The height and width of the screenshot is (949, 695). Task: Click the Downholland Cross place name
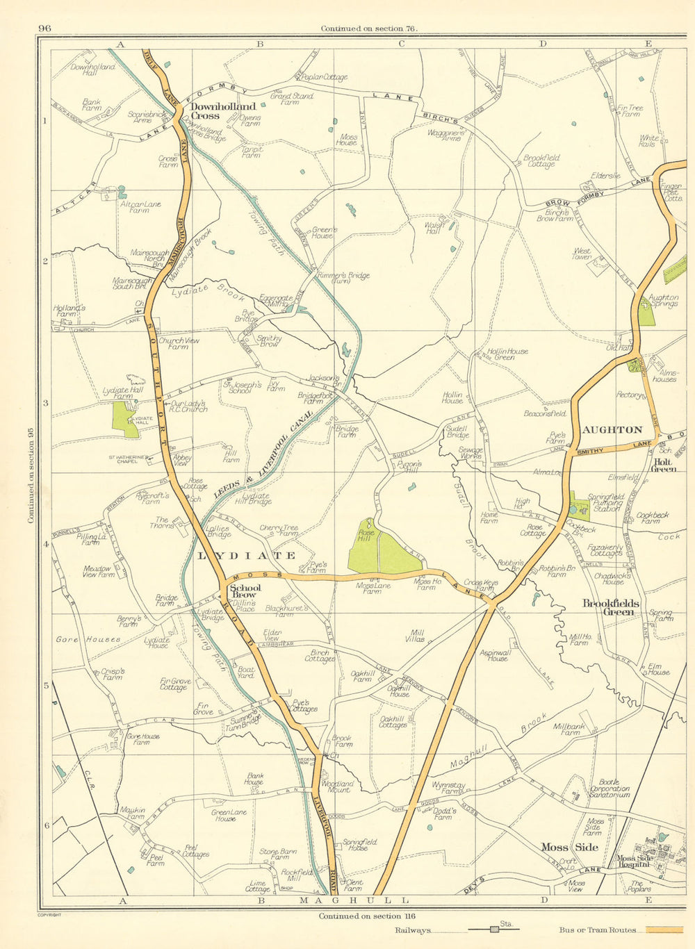(x=223, y=111)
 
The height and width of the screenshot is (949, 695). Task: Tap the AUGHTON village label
(x=612, y=430)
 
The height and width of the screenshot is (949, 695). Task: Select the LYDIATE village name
(x=247, y=556)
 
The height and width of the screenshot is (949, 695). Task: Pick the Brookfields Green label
(x=611, y=608)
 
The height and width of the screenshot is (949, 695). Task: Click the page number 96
(x=45, y=28)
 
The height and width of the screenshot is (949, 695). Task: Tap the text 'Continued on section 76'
(x=368, y=28)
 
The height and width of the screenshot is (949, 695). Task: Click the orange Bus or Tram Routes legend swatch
(x=664, y=930)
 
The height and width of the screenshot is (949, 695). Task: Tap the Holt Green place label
(x=663, y=465)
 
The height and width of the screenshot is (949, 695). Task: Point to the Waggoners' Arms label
(x=444, y=135)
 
